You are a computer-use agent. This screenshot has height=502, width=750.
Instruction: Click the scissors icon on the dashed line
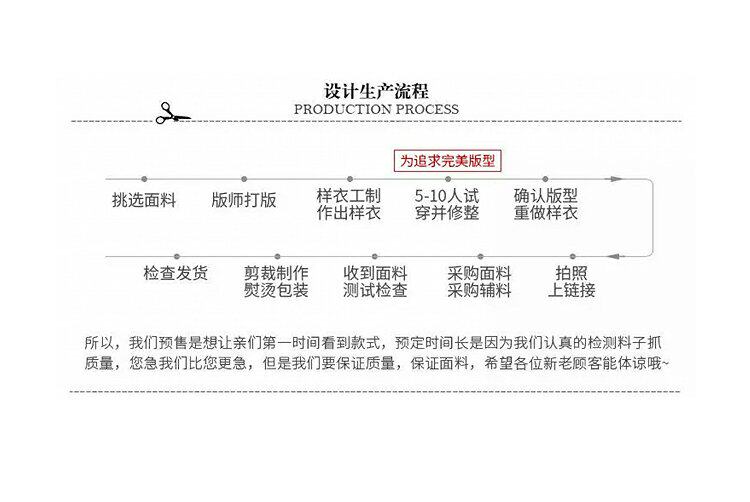pos(171,114)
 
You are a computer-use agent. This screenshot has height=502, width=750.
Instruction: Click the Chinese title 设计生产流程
pos(376,90)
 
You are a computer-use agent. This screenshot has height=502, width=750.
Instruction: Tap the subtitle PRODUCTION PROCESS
pos(376,109)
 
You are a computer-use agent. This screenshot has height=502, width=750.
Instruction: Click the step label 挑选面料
pos(143,200)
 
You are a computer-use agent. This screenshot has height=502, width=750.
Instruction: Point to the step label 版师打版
pos(244,200)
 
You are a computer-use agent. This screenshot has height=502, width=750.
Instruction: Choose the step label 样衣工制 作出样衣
pos(348,204)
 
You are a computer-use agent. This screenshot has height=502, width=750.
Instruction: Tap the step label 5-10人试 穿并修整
pos(447,204)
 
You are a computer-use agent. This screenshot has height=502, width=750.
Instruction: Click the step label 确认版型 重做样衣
pos(546,204)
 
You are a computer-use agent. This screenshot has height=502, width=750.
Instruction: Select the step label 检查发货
pos(175,273)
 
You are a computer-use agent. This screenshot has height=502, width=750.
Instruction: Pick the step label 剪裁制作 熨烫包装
pos(276,281)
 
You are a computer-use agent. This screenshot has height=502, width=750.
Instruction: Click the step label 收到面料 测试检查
pos(375,281)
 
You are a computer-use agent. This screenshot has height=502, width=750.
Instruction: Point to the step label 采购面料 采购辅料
pos(479,281)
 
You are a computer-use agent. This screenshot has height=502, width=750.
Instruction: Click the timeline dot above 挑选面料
pos(144,179)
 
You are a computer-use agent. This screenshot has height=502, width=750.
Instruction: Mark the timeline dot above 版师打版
pos(244,179)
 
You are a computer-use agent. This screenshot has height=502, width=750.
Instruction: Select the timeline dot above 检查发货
pos(175,256)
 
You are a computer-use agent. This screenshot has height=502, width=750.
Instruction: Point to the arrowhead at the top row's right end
pos(616,179)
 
